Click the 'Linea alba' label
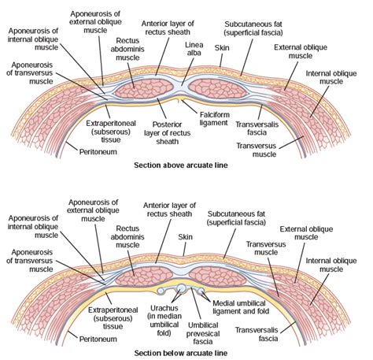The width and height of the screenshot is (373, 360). [194, 49]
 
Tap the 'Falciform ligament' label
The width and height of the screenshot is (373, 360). [215, 119]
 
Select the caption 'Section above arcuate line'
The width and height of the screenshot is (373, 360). [181, 165]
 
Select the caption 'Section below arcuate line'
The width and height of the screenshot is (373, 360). [181, 353]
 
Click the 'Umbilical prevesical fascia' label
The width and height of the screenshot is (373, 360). [202, 333]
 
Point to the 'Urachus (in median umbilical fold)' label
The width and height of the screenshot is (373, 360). [164, 321]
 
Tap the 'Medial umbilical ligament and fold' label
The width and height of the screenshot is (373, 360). [241, 307]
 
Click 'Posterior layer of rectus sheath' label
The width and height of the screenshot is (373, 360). [167, 133]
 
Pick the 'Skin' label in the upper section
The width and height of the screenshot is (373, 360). [222, 48]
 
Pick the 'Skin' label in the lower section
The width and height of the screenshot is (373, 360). [185, 237]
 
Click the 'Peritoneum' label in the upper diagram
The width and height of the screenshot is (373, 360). [98, 152]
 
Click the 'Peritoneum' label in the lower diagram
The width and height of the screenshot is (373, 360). [98, 339]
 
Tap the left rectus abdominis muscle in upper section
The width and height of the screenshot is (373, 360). [144, 88]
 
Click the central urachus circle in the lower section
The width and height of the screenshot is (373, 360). [181, 288]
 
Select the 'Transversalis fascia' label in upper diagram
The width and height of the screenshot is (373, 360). [257, 128]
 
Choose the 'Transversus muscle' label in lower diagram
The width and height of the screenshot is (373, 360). [266, 248]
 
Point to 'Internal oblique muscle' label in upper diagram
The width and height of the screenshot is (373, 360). [331, 77]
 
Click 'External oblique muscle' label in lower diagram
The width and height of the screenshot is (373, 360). [306, 233]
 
